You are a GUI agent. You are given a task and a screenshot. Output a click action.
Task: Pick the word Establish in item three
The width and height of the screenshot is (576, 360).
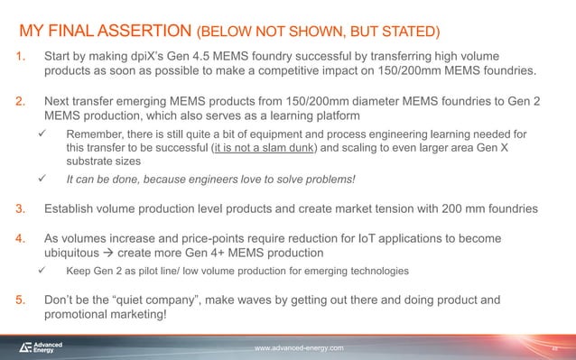pyautogui.click(x=71, y=208)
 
